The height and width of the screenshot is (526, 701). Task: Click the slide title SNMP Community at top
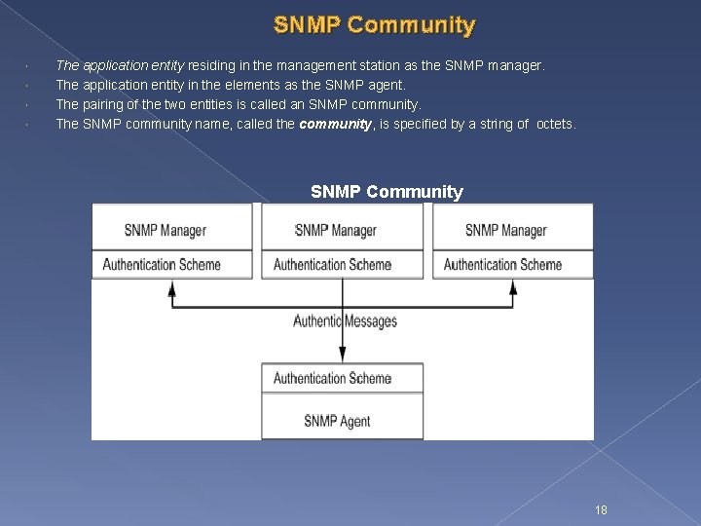click(x=375, y=25)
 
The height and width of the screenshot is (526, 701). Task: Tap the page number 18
click(x=601, y=509)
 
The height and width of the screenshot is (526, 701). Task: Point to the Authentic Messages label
click(x=346, y=321)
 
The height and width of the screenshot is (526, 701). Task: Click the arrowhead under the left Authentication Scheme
click(x=172, y=288)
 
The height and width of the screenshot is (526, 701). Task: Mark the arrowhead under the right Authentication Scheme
click(x=513, y=288)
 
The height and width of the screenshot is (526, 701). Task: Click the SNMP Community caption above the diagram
click(x=387, y=192)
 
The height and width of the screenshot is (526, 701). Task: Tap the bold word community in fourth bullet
click(x=336, y=124)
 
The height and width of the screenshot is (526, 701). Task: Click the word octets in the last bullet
click(x=556, y=124)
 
